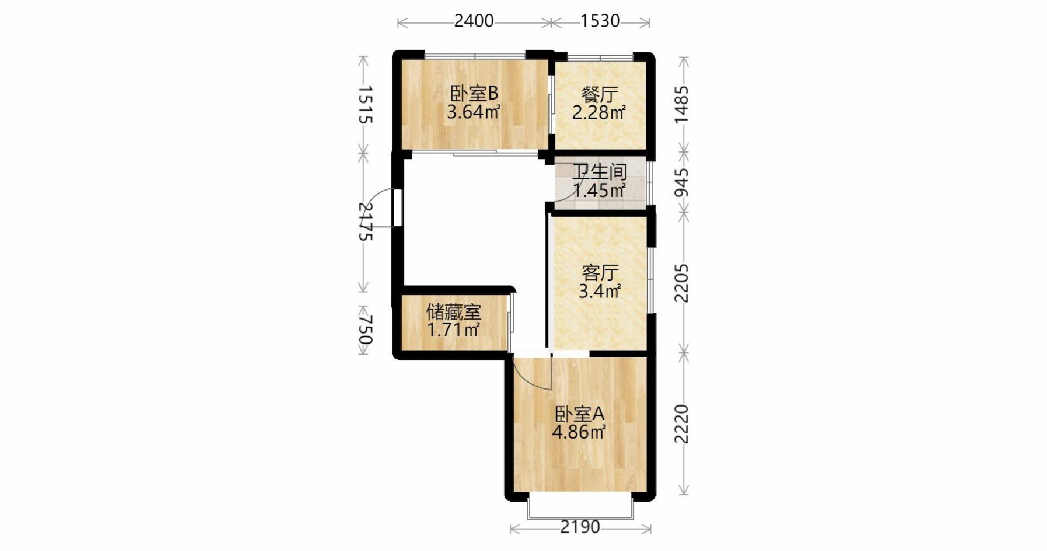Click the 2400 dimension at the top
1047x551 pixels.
click(474, 21)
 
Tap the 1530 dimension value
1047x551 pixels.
click(600, 21)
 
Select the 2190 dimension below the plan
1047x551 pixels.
click(580, 527)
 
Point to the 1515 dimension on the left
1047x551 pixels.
click(364, 105)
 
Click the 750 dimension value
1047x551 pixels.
click(364, 329)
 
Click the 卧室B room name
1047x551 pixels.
click(474, 93)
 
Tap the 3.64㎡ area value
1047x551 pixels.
click(474, 112)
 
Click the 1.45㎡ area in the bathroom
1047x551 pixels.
click(600, 191)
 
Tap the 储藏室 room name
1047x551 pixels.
click(454, 313)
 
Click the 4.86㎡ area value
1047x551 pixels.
click(579, 432)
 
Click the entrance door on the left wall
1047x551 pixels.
click(397, 208)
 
